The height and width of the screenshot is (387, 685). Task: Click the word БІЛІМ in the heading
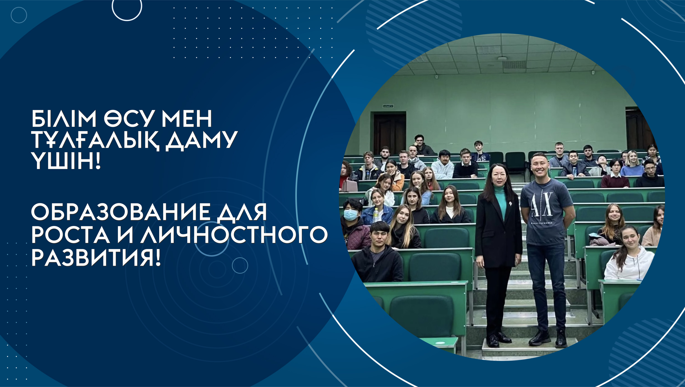click(x=64, y=119)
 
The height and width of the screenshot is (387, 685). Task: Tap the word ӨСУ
click(x=129, y=119)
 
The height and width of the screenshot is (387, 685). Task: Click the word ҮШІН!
click(x=66, y=161)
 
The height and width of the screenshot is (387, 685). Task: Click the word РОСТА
click(x=70, y=235)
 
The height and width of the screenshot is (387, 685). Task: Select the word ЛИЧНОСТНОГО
click(x=234, y=235)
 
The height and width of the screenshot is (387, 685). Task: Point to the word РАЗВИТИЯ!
click(x=96, y=258)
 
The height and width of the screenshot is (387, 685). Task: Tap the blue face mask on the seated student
click(x=351, y=214)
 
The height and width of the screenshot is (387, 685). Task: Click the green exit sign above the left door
click(x=388, y=106)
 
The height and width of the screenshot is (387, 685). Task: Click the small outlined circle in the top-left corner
click(x=19, y=15)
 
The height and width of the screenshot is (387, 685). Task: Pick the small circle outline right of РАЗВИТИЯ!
click(x=240, y=265)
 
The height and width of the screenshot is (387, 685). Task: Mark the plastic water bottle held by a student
click(x=376, y=215)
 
